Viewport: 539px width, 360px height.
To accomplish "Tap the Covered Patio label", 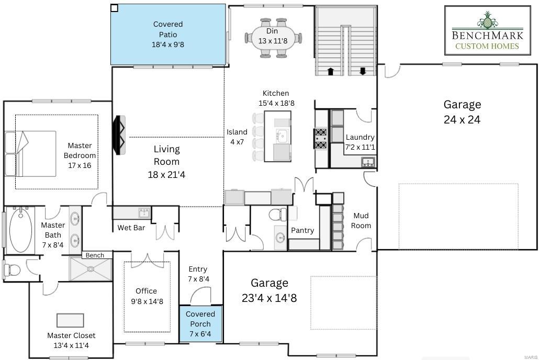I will (168, 35).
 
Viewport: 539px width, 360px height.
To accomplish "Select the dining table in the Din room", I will (273, 38).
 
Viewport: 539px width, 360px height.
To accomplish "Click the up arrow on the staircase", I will (330, 71).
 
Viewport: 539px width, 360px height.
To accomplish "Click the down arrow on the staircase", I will (362, 71).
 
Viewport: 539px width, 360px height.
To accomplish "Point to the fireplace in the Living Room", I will (120, 135).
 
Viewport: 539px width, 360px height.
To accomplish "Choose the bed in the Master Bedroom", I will (30, 153).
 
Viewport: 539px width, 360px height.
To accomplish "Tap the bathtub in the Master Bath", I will (21, 231).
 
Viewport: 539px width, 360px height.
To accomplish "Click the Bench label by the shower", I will (95, 255).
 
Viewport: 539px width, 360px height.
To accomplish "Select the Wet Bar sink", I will (143, 212).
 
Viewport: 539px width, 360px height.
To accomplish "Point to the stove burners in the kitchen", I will (321, 139).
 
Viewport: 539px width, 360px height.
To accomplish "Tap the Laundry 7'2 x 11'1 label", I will (360, 142).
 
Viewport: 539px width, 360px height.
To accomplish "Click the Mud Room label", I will (361, 220).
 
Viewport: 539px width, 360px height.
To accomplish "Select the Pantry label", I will (302, 230).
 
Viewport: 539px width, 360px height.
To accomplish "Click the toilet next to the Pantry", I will (277, 214).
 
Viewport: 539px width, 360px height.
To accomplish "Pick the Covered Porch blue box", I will (200, 324).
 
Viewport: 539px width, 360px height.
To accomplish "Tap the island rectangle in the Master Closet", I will (70, 320).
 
